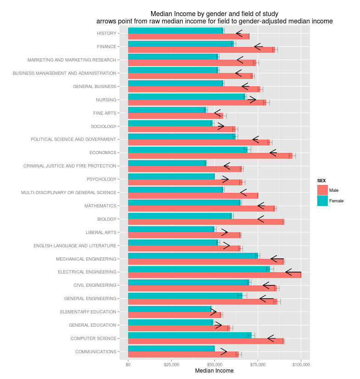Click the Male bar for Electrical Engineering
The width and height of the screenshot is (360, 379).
click(x=214, y=275)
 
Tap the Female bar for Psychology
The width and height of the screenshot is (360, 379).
click(x=171, y=176)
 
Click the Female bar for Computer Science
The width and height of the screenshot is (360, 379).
click(x=190, y=335)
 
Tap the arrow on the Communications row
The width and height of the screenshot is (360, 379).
click(x=224, y=352)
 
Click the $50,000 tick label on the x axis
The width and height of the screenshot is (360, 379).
click(x=214, y=364)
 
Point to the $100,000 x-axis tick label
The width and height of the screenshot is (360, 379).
click(x=301, y=364)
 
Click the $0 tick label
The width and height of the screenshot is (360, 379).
click(x=128, y=364)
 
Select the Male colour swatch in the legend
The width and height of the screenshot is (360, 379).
click(x=322, y=190)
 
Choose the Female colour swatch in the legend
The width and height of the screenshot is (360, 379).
click(x=322, y=201)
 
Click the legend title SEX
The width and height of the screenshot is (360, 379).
click(x=321, y=181)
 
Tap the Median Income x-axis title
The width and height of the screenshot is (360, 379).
click(x=214, y=371)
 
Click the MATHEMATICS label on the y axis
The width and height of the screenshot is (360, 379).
click(x=100, y=206)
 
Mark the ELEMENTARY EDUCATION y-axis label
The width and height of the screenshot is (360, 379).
click(x=88, y=312)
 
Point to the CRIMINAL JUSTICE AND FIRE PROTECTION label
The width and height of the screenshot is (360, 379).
click(x=70, y=166)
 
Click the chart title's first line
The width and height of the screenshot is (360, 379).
click(x=214, y=14)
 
